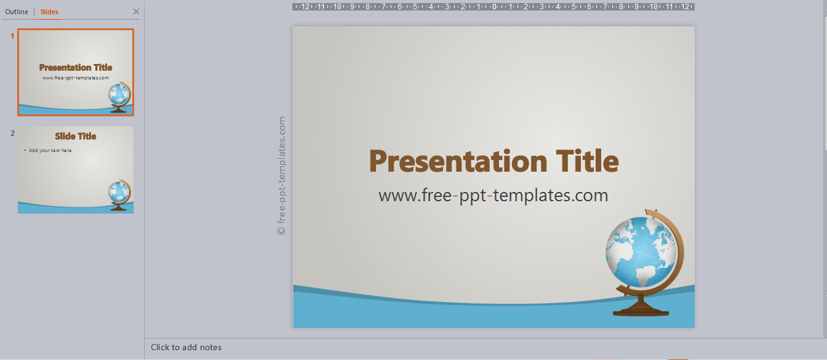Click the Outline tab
[x=17, y=12]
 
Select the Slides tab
[x=49, y=12]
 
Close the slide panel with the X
[x=136, y=12]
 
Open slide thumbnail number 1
[x=76, y=73]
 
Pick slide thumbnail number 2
[x=76, y=170]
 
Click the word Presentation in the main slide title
[x=458, y=162]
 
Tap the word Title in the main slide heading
[x=588, y=161]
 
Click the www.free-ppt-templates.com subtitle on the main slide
[x=493, y=196]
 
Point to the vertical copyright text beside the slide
[x=281, y=176]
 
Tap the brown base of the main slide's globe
[x=641, y=308]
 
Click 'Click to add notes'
[x=186, y=348]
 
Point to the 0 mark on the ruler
[x=494, y=7]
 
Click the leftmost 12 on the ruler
[x=305, y=7]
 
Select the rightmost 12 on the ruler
[x=685, y=7]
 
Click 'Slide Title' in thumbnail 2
[x=76, y=136]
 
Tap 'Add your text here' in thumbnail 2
[x=50, y=150]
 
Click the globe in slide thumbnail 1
[x=119, y=97]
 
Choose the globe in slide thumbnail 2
[x=119, y=195]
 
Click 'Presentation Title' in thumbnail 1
[x=76, y=68]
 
